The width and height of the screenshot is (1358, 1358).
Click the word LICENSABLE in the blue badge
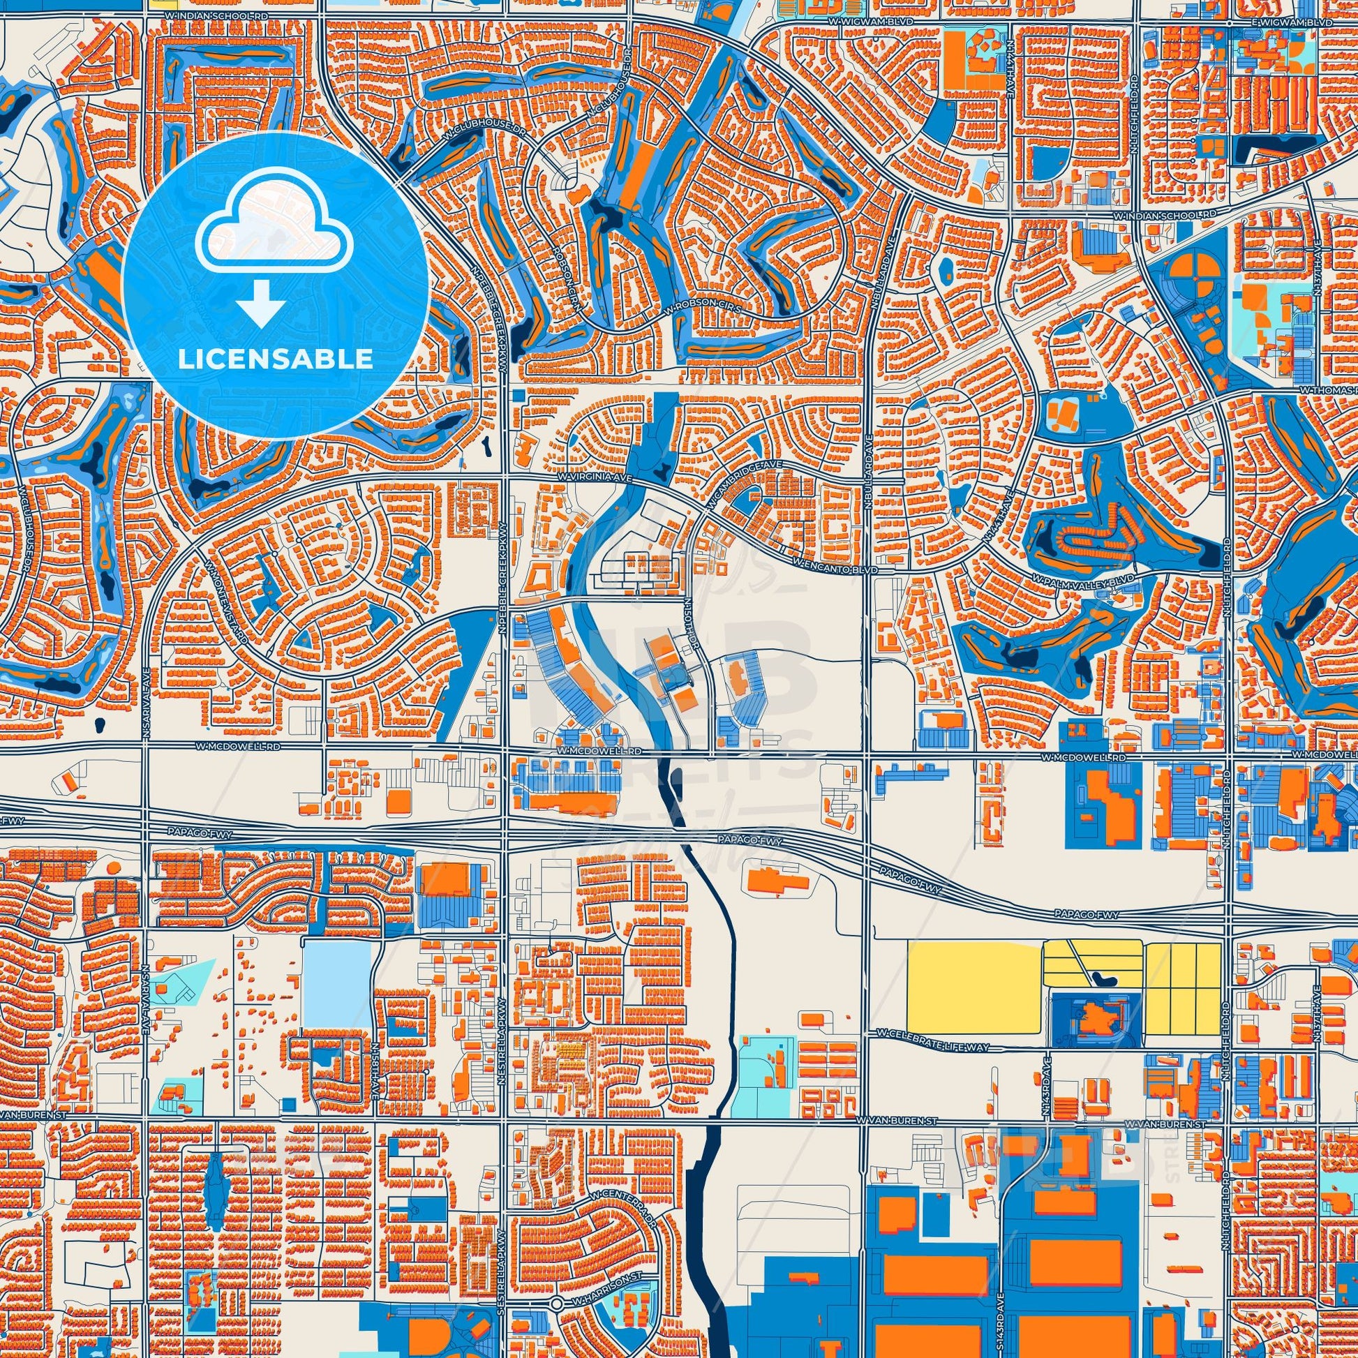(x=276, y=359)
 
